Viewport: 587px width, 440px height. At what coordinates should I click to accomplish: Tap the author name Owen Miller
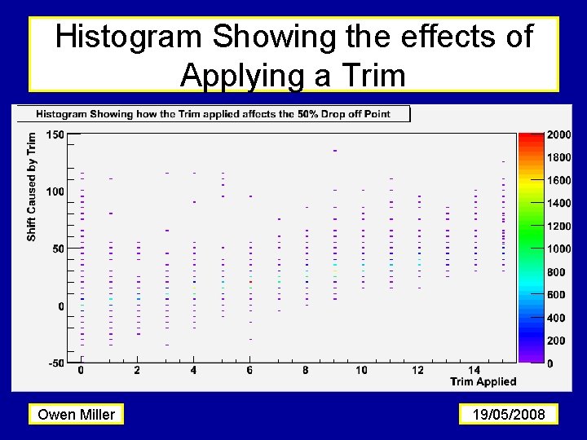77,415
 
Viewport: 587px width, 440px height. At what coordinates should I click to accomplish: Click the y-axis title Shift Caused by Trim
32,187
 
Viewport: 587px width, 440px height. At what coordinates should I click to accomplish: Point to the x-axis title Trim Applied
483,381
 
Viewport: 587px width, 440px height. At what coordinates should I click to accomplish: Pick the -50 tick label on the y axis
56,363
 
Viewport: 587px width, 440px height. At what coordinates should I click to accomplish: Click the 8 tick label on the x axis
305,371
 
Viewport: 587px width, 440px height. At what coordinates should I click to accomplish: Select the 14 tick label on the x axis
474,371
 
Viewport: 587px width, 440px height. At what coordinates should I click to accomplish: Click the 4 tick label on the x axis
193,371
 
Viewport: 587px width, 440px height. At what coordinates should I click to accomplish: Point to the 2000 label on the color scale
558,134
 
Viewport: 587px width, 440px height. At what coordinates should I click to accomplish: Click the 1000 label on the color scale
558,249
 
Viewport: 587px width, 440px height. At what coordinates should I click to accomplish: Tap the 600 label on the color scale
556,295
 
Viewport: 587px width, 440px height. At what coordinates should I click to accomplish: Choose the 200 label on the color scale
556,341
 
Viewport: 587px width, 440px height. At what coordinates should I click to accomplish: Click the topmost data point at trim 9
334,151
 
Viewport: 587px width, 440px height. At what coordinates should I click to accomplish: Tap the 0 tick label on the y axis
60,306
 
